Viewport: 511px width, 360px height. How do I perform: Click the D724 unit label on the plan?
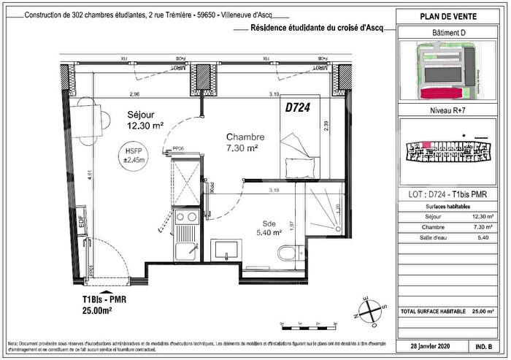297,107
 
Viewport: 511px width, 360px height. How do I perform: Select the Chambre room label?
244,137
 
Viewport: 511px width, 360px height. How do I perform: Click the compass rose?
372,311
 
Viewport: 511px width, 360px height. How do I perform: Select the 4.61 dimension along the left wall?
69,175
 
